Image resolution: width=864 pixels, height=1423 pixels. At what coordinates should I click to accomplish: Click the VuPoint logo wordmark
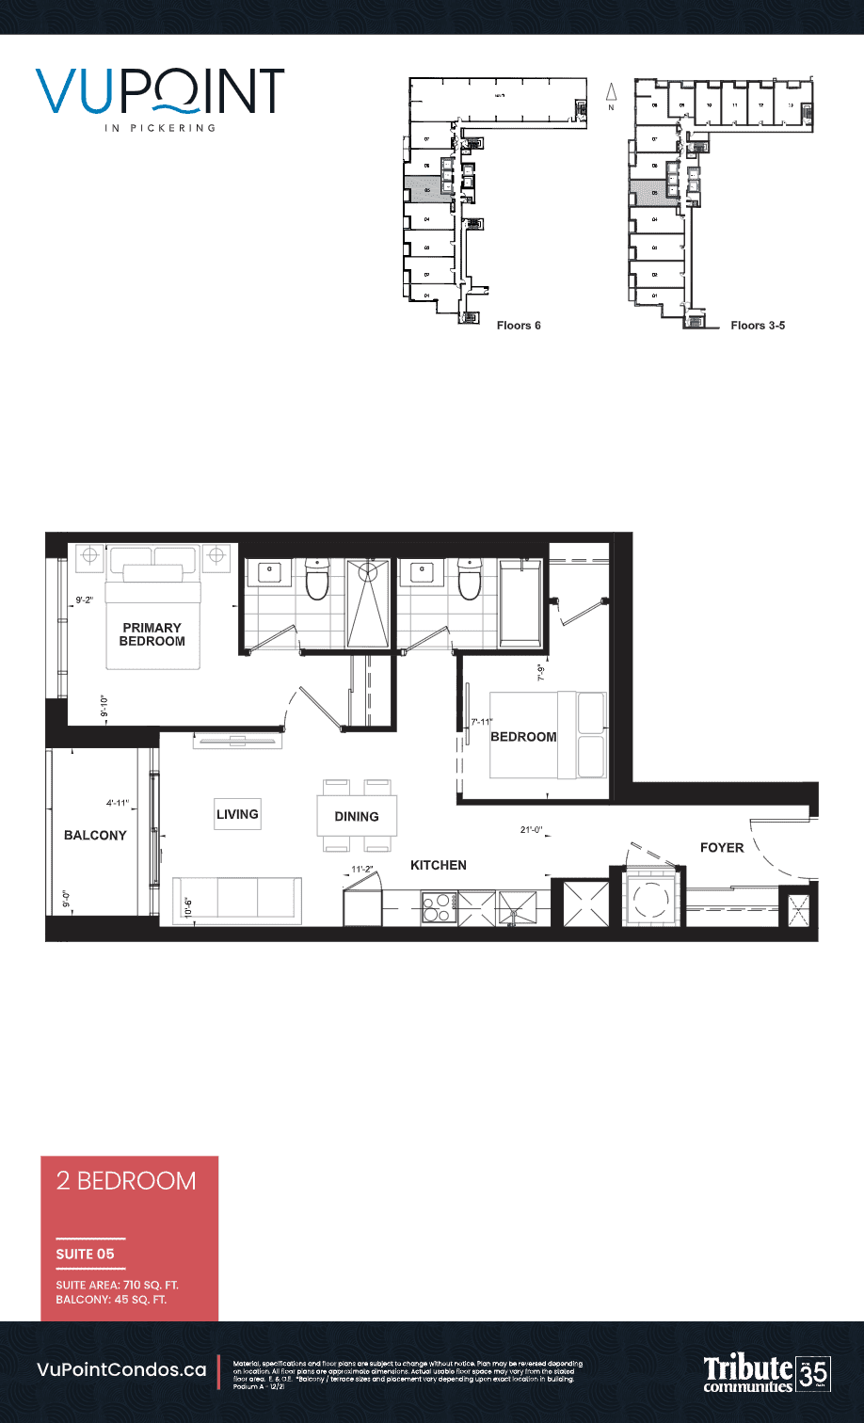point(161,91)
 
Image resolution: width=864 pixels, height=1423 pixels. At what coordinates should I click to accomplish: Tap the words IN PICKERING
point(160,128)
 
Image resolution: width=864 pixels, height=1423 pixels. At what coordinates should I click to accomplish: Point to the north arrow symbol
point(610,94)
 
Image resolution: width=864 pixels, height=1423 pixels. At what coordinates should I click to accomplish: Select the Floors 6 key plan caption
point(518,326)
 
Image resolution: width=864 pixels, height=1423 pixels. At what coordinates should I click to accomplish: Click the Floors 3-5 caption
point(758,326)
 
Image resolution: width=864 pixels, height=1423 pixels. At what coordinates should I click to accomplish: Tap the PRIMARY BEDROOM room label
point(152,634)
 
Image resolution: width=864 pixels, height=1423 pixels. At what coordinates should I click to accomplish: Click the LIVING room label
point(237,814)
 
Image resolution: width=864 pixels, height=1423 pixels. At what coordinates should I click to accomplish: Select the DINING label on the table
point(357,817)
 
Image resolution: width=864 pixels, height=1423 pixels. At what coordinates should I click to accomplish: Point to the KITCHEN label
point(439,865)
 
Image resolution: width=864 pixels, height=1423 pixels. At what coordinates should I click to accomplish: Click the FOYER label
point(722,848)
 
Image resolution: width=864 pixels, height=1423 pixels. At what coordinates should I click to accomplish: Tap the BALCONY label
point(95,836)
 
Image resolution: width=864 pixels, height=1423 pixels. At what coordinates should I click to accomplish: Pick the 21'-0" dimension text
point(531,830)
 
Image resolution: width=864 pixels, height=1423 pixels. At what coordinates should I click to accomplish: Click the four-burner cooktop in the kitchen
point(438,908)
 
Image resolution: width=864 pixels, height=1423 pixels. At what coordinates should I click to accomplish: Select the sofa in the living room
point(237,899)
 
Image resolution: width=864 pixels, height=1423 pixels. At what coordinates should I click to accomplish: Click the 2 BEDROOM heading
point(126,1181)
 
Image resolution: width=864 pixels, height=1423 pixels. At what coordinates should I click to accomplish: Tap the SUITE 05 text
point(86,1254)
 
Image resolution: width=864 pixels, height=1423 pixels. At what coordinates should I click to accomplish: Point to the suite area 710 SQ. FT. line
point(118,1285)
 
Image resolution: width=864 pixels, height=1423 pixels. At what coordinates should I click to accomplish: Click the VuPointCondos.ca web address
point(121,1370)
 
